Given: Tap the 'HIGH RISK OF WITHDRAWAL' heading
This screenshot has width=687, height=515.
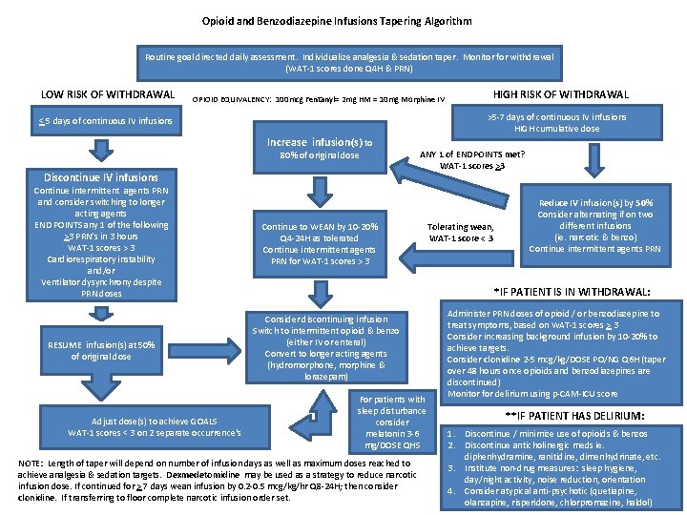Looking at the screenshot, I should click(x=560, y=93).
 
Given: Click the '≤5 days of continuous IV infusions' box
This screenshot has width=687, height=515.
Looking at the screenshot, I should click(x=105, y=121).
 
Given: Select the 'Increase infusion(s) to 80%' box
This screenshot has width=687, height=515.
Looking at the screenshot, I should click(x=320, y=149).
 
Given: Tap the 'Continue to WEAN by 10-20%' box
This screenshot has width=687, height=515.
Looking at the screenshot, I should click(x=320, y=244).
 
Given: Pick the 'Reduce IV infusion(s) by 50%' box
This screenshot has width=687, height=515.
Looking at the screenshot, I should click(x=594, y=225).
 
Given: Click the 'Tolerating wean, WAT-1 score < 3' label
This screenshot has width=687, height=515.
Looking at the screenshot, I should click(x=461, y=232).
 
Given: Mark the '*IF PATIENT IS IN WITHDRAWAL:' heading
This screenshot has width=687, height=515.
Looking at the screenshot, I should click(x=572, y=292).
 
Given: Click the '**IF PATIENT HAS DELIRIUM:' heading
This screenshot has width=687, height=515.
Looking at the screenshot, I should click(x=570, y=415).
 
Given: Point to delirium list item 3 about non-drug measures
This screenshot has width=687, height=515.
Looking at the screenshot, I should click(x=563, y=474).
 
